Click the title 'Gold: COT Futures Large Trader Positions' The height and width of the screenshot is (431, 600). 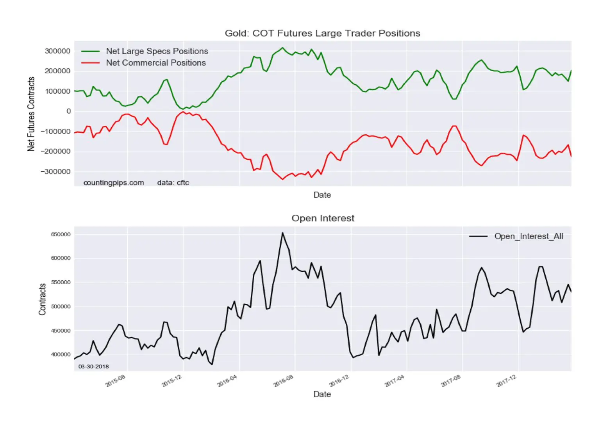coord(323,34)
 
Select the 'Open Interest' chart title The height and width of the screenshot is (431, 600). coord(323,218)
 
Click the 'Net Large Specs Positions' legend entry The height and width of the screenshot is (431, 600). coord(145,51)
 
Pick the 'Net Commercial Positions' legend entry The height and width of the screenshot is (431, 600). coord(144,62)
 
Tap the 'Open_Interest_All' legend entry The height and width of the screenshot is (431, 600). coord(516,236)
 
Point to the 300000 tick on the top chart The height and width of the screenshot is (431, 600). coord(57,51)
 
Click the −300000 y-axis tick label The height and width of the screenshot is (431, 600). coord(56,171)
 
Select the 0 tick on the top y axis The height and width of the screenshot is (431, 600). coord(69,111)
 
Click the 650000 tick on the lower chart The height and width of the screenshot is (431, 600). coord(61,234)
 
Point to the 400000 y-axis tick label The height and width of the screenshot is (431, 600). coord(61,354)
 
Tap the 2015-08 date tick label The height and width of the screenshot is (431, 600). coord(116,381)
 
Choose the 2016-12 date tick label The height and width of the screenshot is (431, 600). coord(339,381)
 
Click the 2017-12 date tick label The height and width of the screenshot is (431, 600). coord(506,381)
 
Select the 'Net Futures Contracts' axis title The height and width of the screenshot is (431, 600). coord(31,114)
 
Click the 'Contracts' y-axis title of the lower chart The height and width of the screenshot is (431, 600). coord(42,299)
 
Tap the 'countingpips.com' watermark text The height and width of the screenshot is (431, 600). coord(114,183)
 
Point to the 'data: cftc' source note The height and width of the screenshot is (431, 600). coord(173,183)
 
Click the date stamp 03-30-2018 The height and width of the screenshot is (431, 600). coord(93,367)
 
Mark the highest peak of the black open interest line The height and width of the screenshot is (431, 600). coord(282,233)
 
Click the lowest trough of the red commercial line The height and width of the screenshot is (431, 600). coord(282,179)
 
